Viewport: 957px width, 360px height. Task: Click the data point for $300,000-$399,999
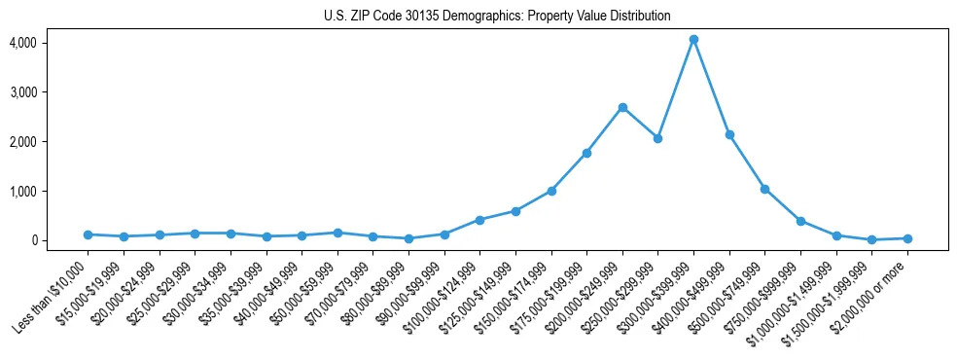coord(693,39)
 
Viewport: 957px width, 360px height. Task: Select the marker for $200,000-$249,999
coord(622,107)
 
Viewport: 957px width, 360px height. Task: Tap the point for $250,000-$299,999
coord(657,138)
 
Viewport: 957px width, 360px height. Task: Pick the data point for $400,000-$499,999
coord(729,134)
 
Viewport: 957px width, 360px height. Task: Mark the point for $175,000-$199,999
coord(586,153)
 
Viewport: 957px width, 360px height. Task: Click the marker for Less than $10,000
coord(88,234)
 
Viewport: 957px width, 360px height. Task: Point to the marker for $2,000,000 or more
coord(907,238)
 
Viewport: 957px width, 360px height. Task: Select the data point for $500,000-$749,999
coord(764,189)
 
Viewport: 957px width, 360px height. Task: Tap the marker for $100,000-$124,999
coord(479,220)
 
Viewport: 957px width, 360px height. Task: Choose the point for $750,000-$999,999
coord(800,221)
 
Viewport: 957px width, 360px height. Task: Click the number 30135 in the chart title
coord(406,17)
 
